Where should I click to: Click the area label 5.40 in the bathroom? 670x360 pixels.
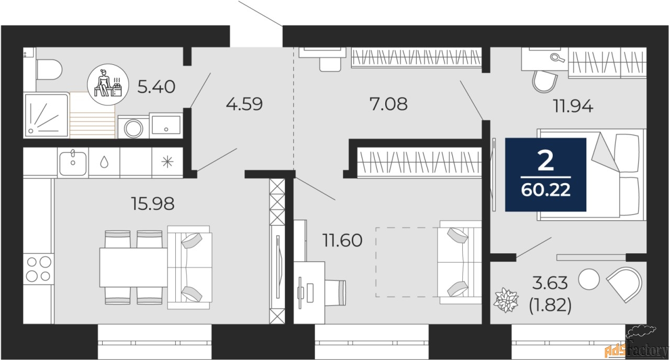[156, 86]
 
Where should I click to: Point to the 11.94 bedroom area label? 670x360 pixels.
[573, 106]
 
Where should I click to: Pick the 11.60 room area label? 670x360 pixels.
[342, 241]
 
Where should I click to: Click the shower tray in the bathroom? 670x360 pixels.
[46, 116]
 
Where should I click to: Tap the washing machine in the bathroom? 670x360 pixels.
[133, 127]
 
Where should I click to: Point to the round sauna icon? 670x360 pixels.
[106, 83]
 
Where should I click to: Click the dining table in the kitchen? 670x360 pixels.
[133, 267]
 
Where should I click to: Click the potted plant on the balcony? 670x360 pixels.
[507, 300]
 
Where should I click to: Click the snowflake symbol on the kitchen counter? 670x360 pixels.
[167, 162]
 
